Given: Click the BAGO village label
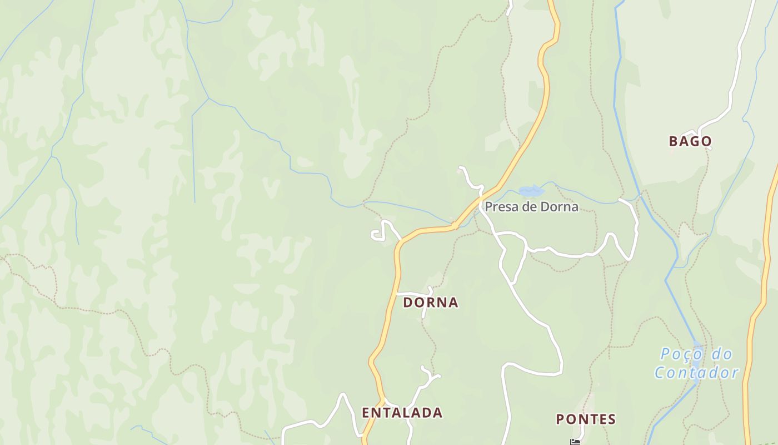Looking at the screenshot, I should pos(690,141).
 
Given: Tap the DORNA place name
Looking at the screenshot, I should pos(431,303).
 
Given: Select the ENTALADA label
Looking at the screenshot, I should pos(402,413).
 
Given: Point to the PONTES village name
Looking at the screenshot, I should pos(586,419).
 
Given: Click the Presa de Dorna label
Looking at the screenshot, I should pos(531,207).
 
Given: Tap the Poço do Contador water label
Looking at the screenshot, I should pos(696,363).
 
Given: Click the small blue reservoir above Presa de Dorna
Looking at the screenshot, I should pos(531,191).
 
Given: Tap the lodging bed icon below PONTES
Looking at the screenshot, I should pos(575,442).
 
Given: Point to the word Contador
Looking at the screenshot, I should pos(696,373).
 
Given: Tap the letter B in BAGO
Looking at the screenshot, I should pos(674,141).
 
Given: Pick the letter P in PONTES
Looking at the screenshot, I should pos(560,419).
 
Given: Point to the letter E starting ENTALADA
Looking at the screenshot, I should pos(366,413).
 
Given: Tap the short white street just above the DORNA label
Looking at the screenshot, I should pos(414,293).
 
